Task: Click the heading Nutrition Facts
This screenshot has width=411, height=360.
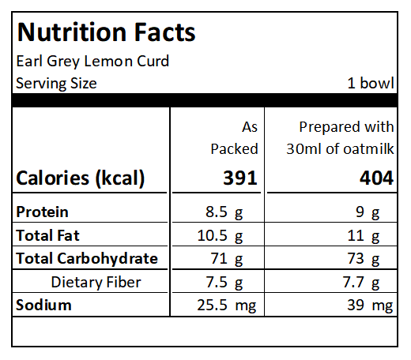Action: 106,32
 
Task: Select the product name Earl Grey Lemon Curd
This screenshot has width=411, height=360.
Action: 92,62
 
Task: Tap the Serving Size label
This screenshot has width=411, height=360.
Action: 56,84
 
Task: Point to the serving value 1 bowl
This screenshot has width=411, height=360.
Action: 371,83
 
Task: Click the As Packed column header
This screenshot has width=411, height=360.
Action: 234,138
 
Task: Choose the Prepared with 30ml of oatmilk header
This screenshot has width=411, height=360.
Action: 340,138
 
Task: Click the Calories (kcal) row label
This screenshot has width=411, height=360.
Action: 81,178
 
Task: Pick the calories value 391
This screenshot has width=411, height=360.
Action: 240,178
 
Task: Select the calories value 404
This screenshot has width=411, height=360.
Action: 377,178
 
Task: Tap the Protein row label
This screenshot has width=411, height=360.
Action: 42,212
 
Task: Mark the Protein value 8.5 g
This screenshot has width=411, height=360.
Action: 224,212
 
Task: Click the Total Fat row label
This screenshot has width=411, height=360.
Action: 47,235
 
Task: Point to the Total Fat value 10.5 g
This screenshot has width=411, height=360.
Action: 220,235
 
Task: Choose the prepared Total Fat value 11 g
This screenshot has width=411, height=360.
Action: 364,235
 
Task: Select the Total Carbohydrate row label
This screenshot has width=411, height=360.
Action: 87,258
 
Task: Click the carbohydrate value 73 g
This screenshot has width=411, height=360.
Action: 364,259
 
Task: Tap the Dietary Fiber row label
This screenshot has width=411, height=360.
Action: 96,282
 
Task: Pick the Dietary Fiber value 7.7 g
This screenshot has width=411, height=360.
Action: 361,283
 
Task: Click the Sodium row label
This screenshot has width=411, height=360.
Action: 43,306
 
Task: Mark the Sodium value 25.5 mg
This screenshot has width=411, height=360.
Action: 227,306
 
